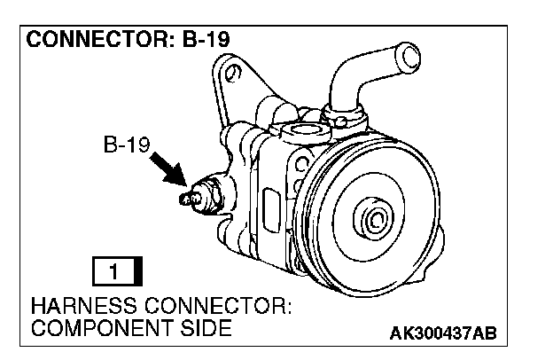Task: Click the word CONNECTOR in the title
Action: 80,41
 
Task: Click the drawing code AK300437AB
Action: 443,333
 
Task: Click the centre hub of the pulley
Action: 373,220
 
